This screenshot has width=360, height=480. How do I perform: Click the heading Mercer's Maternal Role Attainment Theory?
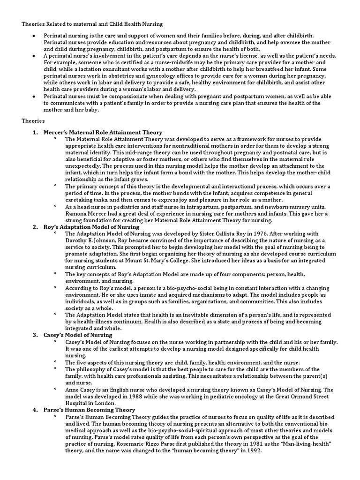tap(103, 133)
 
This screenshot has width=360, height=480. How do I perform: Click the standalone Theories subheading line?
tap(33, 120)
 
